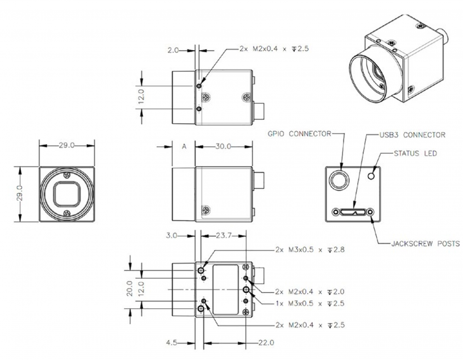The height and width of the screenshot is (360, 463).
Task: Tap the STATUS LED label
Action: pos(415,153)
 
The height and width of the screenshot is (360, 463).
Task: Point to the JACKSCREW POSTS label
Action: pos(424,244)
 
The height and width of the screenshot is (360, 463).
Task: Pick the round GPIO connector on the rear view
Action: pos(338,179)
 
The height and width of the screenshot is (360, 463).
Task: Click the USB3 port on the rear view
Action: pos(353,212)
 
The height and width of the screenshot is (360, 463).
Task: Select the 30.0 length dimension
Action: pos(223,146)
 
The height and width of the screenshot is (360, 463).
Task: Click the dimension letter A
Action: pos(184,147)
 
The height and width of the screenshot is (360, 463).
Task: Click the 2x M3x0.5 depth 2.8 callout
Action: pos(310,249)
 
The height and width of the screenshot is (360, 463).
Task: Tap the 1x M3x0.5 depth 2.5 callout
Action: pos(310,303)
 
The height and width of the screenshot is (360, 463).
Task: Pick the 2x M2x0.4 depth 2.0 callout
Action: pos(310,291)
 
